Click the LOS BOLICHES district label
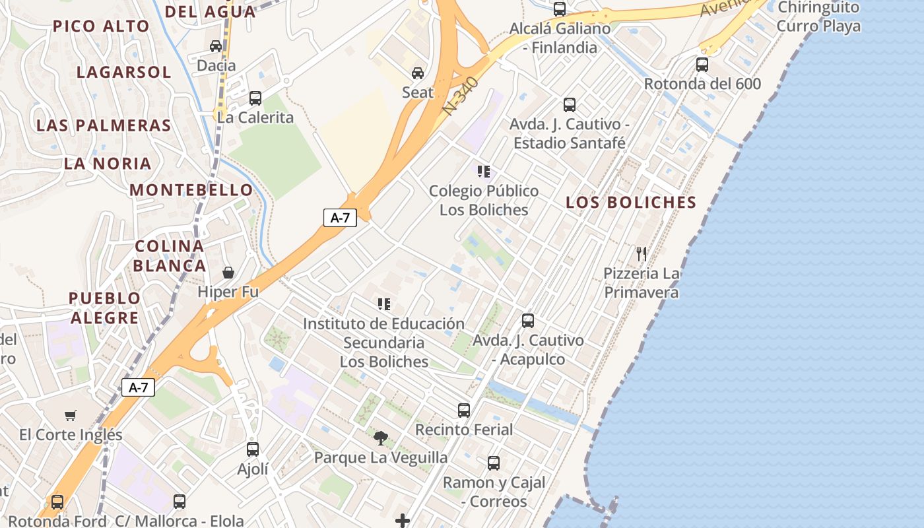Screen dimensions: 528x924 click(631, 203)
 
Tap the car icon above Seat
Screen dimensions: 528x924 click(418, 73)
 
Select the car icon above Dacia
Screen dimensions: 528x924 click(216, 46)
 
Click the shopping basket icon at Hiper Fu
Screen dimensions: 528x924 click(228, 273)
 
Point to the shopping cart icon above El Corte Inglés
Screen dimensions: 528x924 click(71, 415)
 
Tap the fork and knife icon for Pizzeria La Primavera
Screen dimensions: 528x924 click(641, 253)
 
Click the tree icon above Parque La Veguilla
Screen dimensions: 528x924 click(381, 438)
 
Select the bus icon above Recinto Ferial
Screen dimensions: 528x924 click(464, 410)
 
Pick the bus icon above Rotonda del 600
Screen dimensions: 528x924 click(702, 65)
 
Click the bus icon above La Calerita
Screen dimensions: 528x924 click(255, 98)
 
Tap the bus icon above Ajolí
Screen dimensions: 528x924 click(253, 449)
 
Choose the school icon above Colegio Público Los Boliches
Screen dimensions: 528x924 click(484, 172)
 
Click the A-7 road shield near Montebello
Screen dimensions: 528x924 click(340, 218)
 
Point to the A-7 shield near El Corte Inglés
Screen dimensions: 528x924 click(138, 387)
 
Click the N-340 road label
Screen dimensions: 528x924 click(459, 96)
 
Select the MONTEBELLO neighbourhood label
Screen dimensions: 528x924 click(191, 190)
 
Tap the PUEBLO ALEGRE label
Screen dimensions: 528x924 click(104, 308)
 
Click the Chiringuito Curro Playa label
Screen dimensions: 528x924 click(818, 17)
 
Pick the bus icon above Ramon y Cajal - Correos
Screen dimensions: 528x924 click(494, 463)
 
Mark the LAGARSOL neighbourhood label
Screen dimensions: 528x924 click(124, 72)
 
